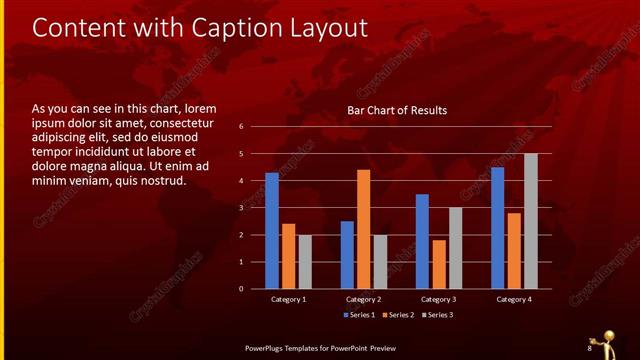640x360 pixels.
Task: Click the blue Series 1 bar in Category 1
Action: coord(272,230)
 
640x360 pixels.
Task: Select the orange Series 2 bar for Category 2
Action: coord(363,229)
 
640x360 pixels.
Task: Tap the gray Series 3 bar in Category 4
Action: coord(531,221)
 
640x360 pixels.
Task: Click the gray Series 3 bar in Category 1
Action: coord(305,262)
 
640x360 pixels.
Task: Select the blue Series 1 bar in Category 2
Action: coord(347,254)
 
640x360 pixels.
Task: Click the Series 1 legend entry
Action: coord(361,315)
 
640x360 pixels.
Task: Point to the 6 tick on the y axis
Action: coord(241,127)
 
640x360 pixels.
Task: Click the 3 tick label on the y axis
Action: coord(241,208)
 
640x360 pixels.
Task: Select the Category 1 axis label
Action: coord(289,299)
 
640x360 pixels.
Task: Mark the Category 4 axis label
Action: coord(514,299)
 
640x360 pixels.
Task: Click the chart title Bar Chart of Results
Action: coord(397,110)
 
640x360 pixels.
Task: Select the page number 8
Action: coord(590,347)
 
